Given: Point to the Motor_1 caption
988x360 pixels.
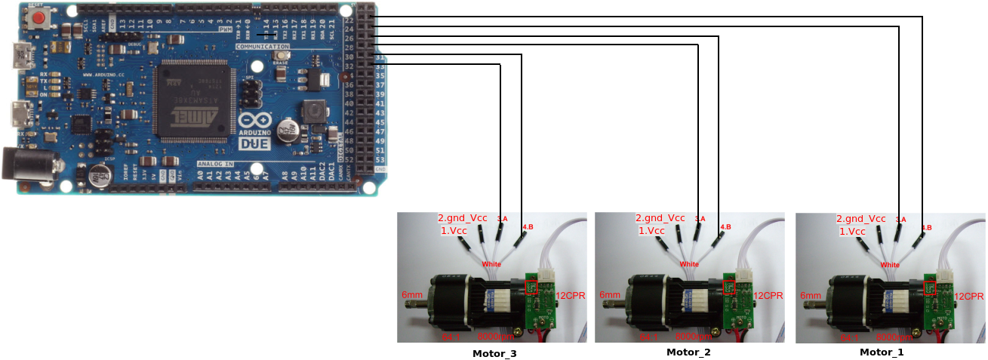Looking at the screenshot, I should pos(881,352).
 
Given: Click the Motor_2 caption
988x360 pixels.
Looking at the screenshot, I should pos(688,352).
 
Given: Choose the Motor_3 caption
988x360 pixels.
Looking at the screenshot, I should pos(494,352).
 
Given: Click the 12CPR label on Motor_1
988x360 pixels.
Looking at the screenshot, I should pos(969,297).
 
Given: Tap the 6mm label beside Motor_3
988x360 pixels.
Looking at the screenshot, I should pos(412,295).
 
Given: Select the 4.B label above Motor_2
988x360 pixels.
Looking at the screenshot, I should pos(725,227).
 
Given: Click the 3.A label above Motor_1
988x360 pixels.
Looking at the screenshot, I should pos(900,219).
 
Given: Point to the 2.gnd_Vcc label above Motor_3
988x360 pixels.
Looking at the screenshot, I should pos(463,218).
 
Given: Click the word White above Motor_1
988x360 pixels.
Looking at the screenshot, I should pos(890,265).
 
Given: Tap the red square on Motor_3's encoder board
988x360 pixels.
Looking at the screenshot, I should pos(531,287).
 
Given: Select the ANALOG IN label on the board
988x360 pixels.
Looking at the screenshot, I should pos(215,164).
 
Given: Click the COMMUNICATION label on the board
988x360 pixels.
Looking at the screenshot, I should pos(262,47).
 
